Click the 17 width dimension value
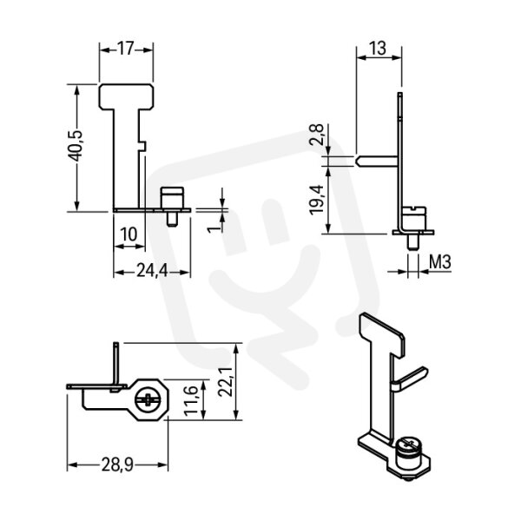point(126,49)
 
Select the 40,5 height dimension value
point(76,146)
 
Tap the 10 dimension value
point(129,234)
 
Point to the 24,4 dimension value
point(152,272)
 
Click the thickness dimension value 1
point(214,229)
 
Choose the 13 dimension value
point(378,48)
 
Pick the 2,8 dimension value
point(316,135)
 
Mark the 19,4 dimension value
point(316,200)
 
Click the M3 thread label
point(440,262)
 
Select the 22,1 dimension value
point(225,381)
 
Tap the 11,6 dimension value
point(191,400)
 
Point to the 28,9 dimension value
point(117,465)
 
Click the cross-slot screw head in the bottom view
point(148,399)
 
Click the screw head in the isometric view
point(409,449)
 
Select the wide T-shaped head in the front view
point(126,96)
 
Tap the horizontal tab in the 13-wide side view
point(377,162)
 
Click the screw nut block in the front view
point(172,198)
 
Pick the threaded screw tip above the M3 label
point(412,242)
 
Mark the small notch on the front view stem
point(142,145)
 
